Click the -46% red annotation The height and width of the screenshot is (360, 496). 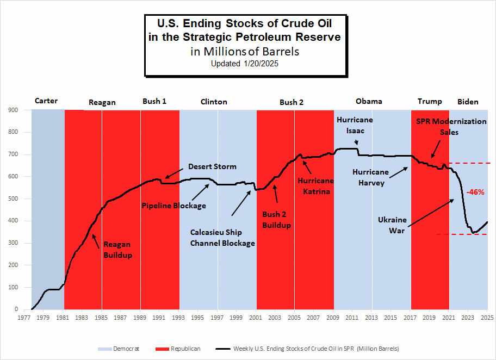(475, 192)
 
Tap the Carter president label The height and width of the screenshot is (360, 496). (46, 101)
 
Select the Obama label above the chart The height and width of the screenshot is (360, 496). (369, 101)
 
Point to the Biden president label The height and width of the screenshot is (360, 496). (468, 101)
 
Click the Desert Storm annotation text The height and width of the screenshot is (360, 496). (212, 166)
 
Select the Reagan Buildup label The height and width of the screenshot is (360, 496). (117, 249)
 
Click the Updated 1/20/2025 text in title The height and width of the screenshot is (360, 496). (245, 64)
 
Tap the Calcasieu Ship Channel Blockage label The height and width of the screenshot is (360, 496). (222, 238)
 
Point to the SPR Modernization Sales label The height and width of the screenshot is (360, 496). (451, 127)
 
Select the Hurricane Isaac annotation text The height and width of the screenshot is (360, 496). (354, 125)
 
